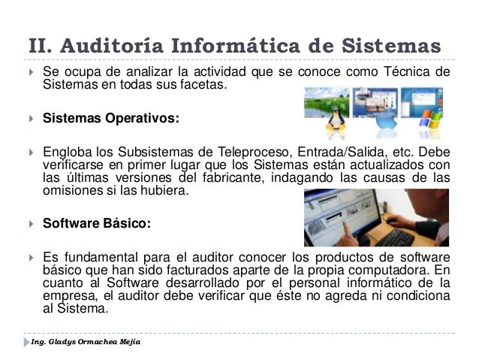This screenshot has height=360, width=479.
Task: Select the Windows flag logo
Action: (429, 118)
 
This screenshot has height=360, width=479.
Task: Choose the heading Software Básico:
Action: (97, 223)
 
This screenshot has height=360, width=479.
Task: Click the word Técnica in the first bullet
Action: (405, 72)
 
